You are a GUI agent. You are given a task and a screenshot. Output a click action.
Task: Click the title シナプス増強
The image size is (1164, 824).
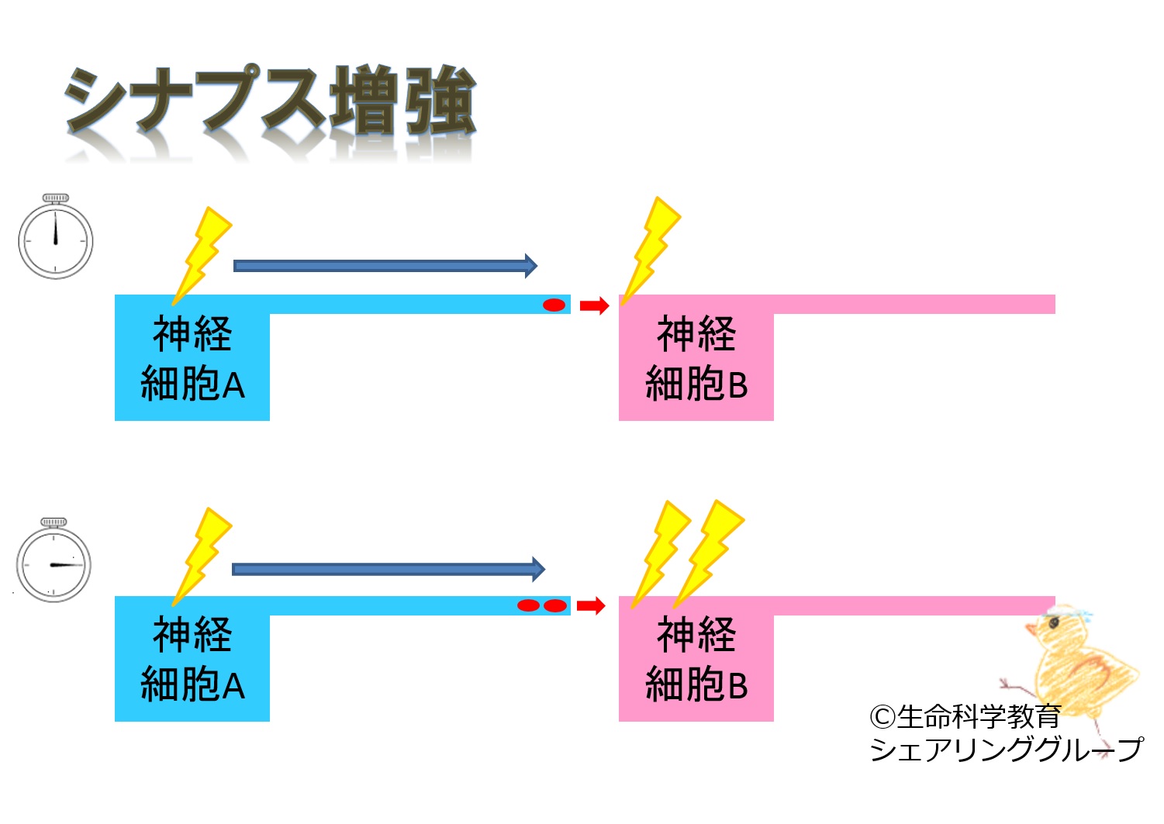[x=269, y=101]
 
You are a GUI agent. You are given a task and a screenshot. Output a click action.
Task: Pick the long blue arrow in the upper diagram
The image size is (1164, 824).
[x=385, y=266]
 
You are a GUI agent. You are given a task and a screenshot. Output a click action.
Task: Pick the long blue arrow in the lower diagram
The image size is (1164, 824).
[x=388, y=570]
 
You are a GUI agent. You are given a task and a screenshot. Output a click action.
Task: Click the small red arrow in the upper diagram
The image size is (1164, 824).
[x=594, y=305]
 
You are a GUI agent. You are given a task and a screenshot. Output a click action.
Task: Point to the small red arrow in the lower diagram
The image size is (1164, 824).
[x=591, y=605]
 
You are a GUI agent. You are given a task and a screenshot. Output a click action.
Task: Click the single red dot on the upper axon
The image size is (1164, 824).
[x=554, y=305]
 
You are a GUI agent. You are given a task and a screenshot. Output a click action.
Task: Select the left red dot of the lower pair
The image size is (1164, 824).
[x=528, y=605]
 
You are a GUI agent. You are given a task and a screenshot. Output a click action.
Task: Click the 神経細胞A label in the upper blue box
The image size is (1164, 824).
[x=192, y=358]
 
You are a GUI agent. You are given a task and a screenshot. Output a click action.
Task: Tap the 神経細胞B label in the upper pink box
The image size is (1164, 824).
[x=696, y=358]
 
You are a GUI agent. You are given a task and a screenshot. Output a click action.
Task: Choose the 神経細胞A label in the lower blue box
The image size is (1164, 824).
[x=192, y=659]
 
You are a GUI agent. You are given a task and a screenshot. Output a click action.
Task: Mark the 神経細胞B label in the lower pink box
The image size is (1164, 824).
[x=696, y=659]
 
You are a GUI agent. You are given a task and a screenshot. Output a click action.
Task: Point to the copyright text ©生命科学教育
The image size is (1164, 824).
[x=965, y=717]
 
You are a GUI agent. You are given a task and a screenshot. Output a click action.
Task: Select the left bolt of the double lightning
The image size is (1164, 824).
[x=660, y=552]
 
